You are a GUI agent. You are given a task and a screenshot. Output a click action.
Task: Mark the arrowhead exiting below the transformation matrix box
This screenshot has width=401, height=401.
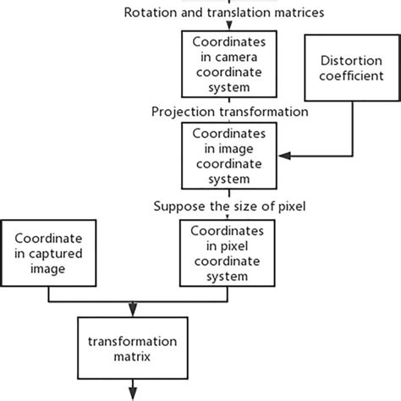pos(131,393)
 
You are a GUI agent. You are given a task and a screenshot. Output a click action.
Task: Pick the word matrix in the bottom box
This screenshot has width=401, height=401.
pos(131,356)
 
